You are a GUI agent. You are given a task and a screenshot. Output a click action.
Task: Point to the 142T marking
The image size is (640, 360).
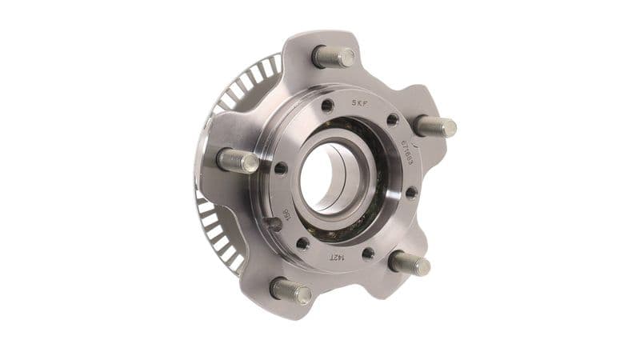click(x=336, y=257)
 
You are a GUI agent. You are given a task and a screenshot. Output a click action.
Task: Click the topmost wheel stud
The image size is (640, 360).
click(x=334, y=56)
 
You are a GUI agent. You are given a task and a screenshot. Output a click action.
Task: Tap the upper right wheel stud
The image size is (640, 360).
click(x=437, y=126)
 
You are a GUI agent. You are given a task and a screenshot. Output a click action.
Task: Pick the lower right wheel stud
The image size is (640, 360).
click(x=410, y=263)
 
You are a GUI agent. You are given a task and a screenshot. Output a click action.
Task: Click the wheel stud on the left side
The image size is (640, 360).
click(x=238, y=160)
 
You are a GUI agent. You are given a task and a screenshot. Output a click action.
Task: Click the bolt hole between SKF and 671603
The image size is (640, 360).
click(x=393, y=120)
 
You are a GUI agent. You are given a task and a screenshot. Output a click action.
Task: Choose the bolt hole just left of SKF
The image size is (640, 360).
click(x=328, y=106)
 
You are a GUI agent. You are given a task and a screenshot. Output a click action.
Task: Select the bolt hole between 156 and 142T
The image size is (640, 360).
click(x=302, y=243)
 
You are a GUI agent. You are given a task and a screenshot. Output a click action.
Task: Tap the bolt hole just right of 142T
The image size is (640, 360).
click(x=367, y=254)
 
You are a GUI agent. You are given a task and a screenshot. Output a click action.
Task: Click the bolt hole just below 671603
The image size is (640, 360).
click(x=411, y=192)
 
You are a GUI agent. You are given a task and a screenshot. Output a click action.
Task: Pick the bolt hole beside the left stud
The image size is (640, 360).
click(x=280, y=168)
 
